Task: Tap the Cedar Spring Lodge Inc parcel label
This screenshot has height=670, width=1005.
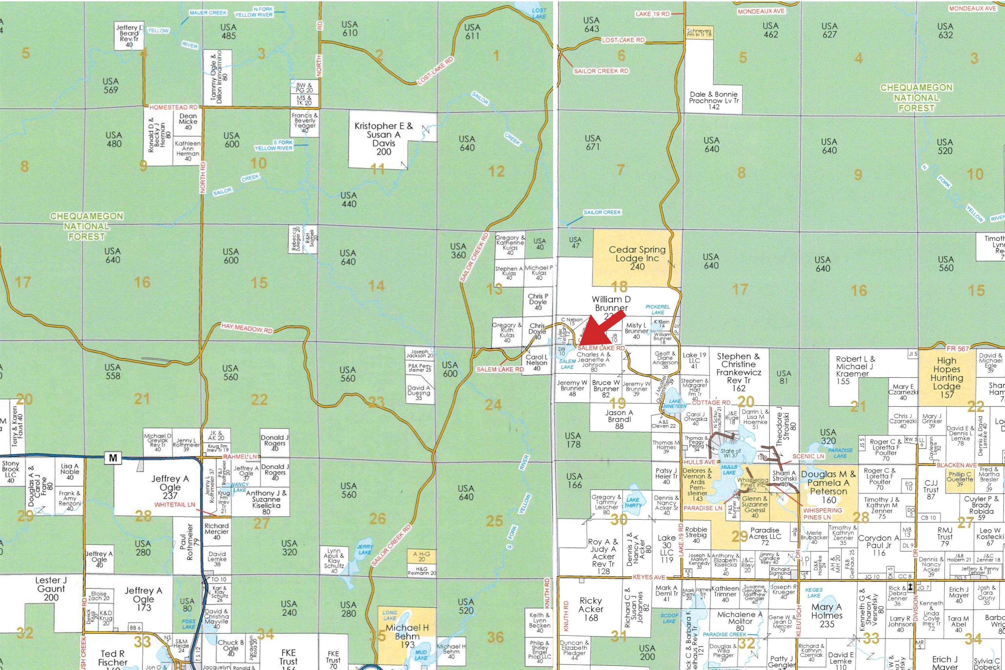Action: (x=637, y=258)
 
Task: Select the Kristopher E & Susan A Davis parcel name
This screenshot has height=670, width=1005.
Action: (x=383, y=138)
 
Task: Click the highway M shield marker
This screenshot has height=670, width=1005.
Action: (x=113, y=458)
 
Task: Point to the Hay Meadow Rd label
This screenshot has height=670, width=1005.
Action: (x=247, y=328)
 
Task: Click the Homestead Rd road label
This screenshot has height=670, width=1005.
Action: (x=173, y=107)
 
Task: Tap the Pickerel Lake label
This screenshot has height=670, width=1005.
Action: (x=658, y=309)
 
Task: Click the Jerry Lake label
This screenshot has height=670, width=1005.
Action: (x=365, y=549)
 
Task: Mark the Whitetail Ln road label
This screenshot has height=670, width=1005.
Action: (x=174, y=505)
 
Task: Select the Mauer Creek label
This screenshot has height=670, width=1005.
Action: (x=208, y=13)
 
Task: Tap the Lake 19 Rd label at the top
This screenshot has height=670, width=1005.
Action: (x=652, y=14)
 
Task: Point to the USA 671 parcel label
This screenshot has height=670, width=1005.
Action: (x=593, y=142)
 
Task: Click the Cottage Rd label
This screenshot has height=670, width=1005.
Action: (x=711, y=402)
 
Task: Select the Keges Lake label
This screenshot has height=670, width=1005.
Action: (x=814, y=592)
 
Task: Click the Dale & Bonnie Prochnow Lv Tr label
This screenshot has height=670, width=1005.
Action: (x=714, y=100)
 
